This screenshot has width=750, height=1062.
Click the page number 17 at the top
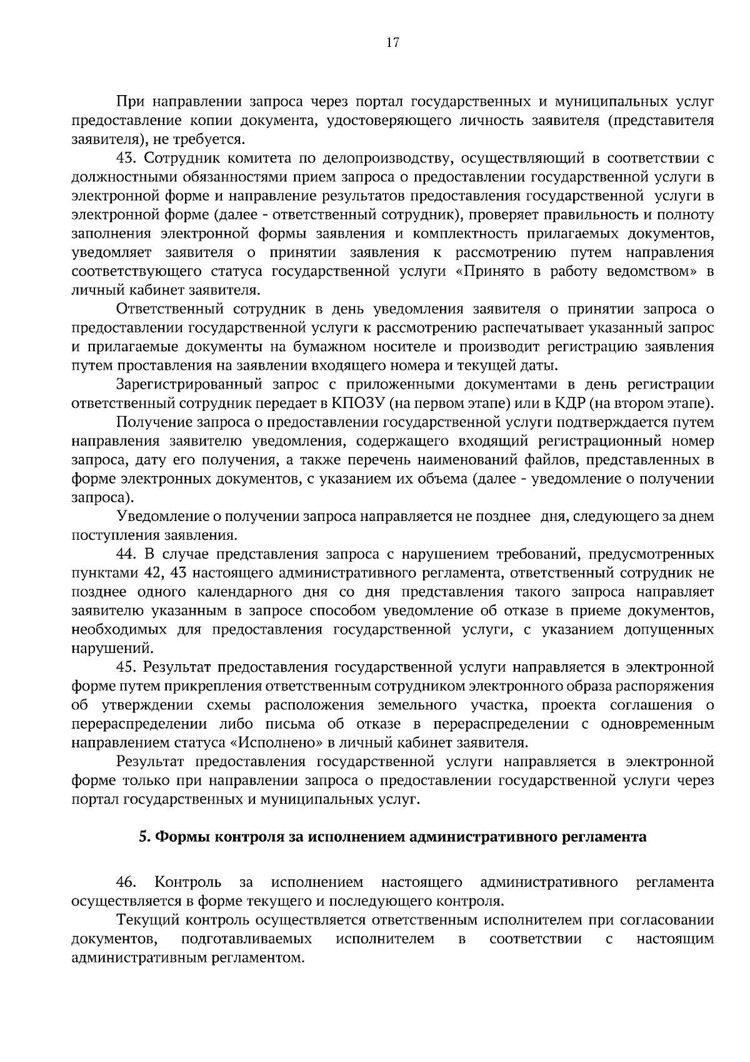[x=392, y=43]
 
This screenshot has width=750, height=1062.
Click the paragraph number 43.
[x=127, y=158]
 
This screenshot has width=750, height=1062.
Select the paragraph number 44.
[x=127, y=554]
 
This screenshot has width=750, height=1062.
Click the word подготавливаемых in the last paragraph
[x=246, y=939]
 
